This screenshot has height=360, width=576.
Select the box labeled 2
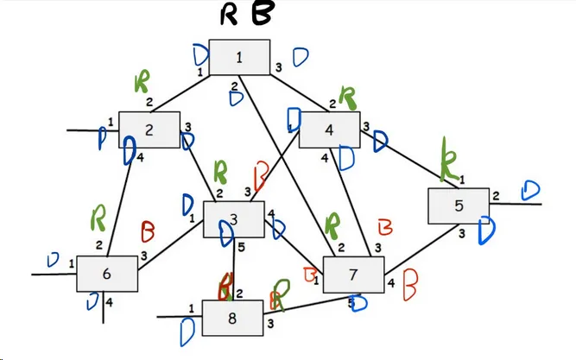149,129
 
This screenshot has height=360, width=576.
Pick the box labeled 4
329,129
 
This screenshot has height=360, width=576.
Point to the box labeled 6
106,274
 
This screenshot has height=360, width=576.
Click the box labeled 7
353,275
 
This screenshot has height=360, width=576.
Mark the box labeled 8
232,317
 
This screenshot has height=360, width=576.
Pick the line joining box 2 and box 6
118,207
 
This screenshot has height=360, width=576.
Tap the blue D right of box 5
530,191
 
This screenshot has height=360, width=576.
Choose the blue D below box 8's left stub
187,332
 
